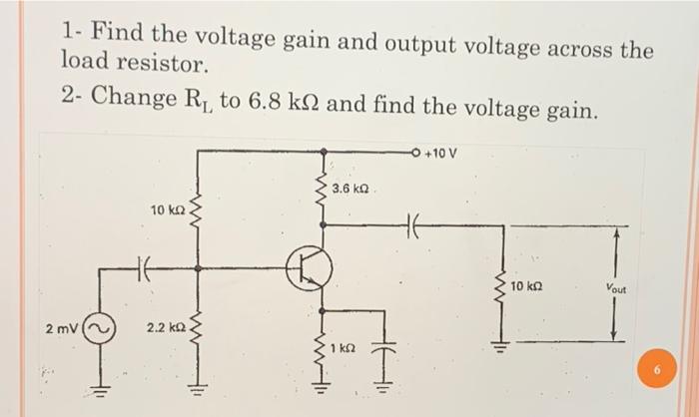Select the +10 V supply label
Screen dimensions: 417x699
tap(440, 154)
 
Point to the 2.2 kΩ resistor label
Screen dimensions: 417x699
tap(166, 328)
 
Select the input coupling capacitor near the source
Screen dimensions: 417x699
tap(142, 266)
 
